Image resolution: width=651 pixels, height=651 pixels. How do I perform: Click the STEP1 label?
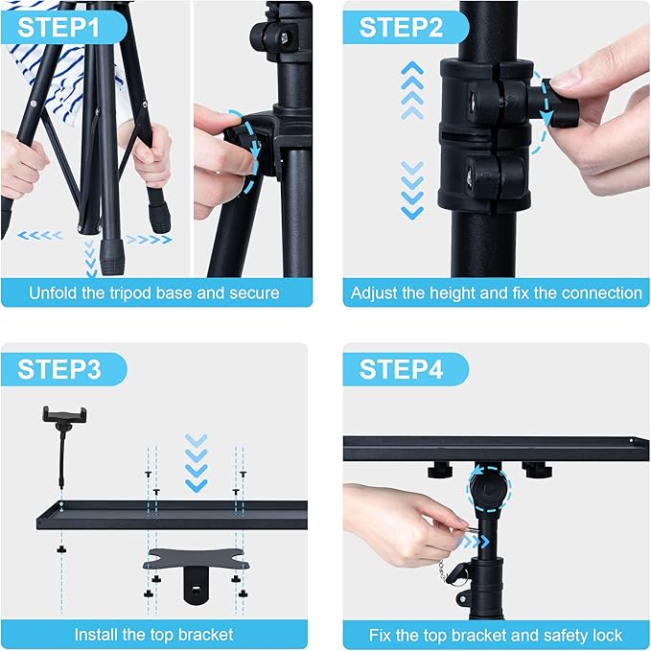click(x=59, y=26)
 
